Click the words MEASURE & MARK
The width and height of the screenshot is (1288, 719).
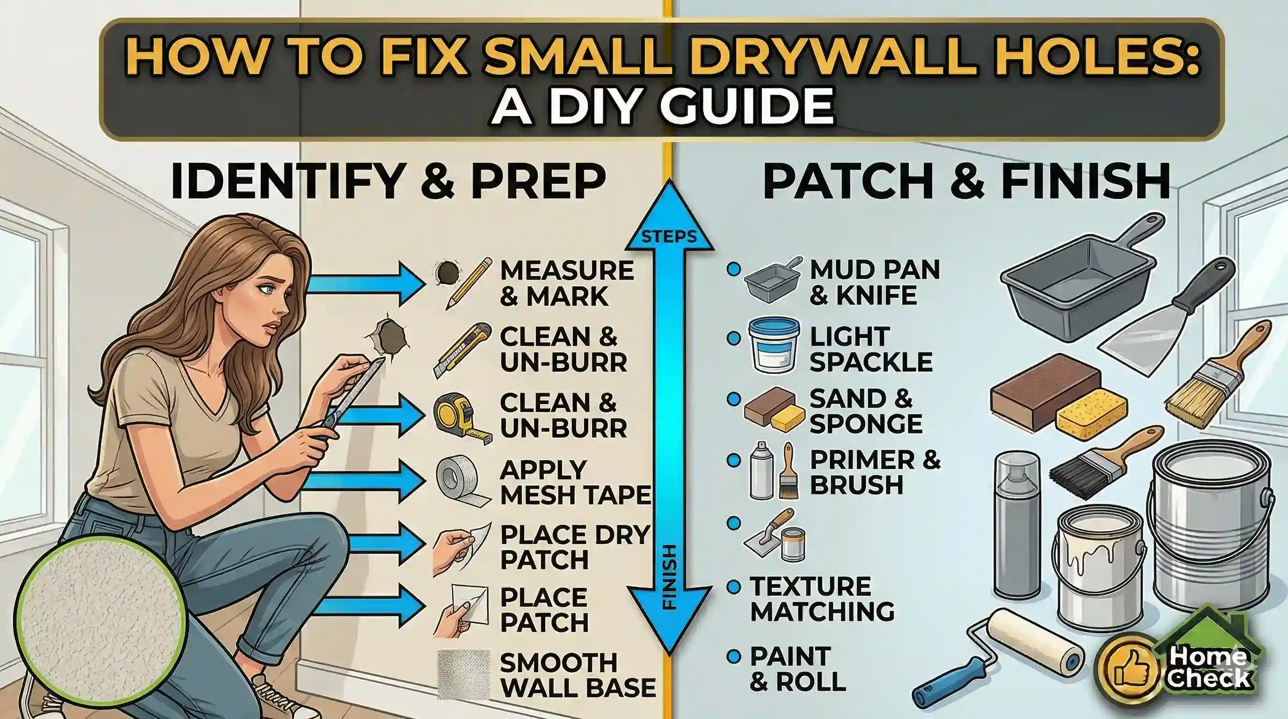[x=566, y=283]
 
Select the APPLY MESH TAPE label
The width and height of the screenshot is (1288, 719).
[x=575, y=483]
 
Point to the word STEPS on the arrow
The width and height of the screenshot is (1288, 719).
[x=669, y=236]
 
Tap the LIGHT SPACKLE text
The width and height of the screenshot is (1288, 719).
[x=871, y=349]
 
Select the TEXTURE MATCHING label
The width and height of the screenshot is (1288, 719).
[x=822, y=599]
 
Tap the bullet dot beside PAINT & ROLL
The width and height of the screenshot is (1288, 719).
[x=733, y=656]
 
